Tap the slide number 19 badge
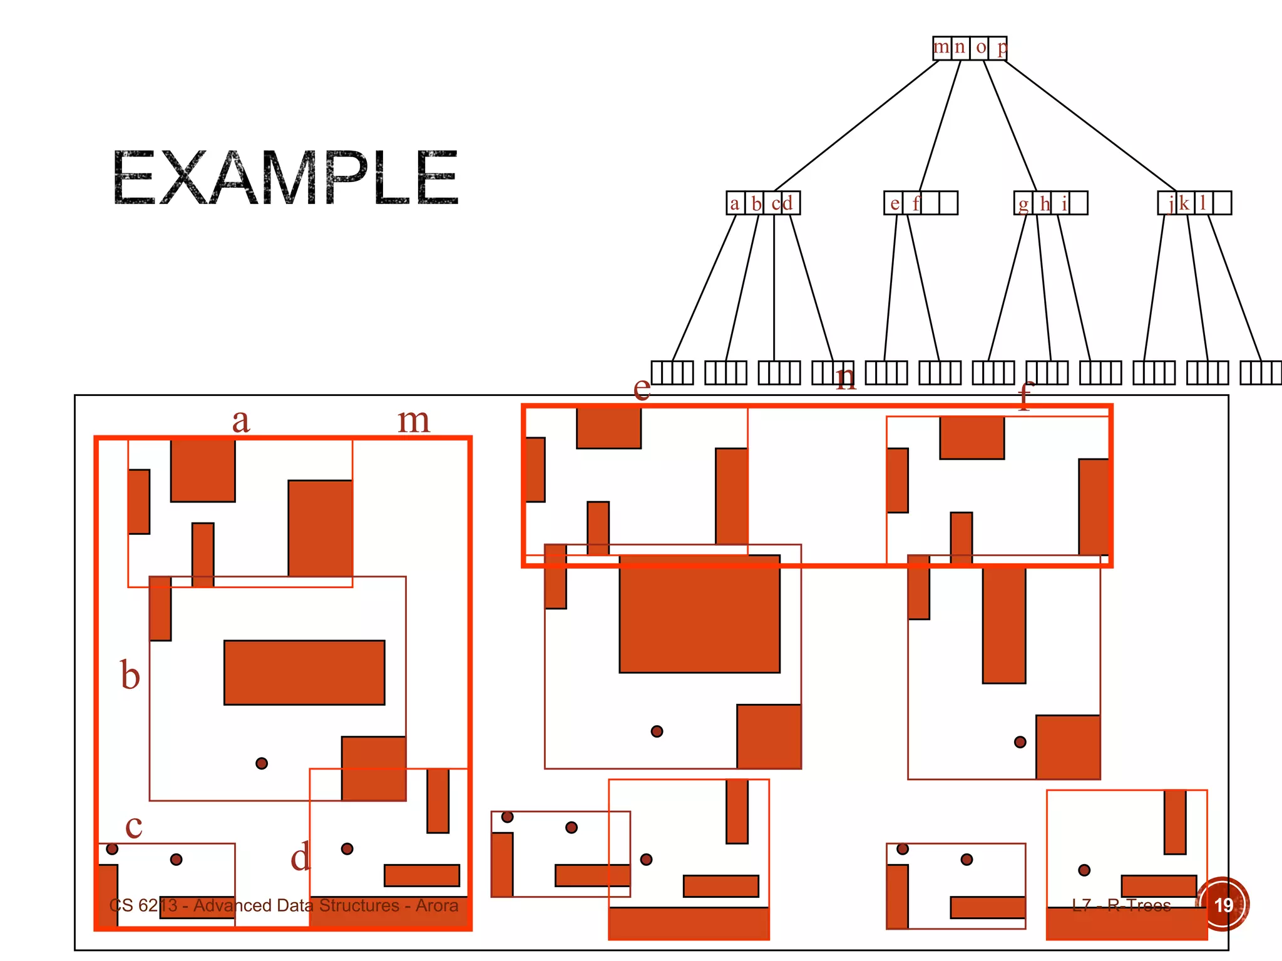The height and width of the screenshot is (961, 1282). click(x=1223, y=904)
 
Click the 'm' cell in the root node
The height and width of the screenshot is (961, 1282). click(x=941, y=48)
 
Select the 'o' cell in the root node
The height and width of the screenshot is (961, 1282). click(x=980, y=48)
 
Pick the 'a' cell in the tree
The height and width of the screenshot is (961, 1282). click(x=735, y=203)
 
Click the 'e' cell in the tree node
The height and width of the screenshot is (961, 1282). click(x=894, y=203)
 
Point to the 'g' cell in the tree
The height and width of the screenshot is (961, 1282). click(x=1023, y=203)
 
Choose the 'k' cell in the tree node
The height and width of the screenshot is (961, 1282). click(x=1184, y=203)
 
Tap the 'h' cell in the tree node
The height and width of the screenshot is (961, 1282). click(x=1044, y=203)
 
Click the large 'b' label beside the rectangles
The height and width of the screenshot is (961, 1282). click(x=130, y=676)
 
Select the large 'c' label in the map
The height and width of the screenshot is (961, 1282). click(x=133, y=826)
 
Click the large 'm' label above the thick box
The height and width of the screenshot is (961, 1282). click(x=414, y=420)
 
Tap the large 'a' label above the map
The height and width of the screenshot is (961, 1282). click(x=241, y=420)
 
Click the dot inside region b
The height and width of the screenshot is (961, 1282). click(x=262, y=763)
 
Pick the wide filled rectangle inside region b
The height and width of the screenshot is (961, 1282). click(x=304, y=673)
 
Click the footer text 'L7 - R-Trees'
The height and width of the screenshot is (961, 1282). click(x=1121, y=905)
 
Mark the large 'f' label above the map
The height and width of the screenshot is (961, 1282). click(x=1024, y=395)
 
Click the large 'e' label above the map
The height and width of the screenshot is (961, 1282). click(x=642, y=388)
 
